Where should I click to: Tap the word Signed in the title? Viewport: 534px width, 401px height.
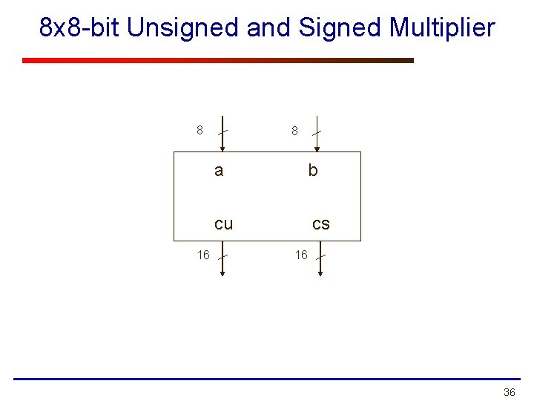(340, 28)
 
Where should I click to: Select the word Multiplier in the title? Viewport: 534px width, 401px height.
(441, 28)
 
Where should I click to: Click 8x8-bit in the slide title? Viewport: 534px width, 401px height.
(80, 28)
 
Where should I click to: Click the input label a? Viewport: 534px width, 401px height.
(218, 171)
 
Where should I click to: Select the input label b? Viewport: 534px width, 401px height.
(313, 171)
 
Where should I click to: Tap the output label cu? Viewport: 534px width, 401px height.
(223, 224)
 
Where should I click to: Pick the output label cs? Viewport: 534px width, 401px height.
(320, 224)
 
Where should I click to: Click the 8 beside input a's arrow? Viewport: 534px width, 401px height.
(200, 131)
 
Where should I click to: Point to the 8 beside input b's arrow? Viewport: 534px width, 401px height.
(294, 131)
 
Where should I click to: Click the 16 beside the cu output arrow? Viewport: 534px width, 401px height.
(203, 255)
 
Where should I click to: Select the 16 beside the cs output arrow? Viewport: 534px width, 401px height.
(301, 255)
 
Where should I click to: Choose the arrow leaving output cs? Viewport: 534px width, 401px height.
(320, 260)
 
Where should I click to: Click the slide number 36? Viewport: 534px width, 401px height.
(509, 392)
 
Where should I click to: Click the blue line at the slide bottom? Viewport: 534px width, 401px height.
(267, 379)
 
